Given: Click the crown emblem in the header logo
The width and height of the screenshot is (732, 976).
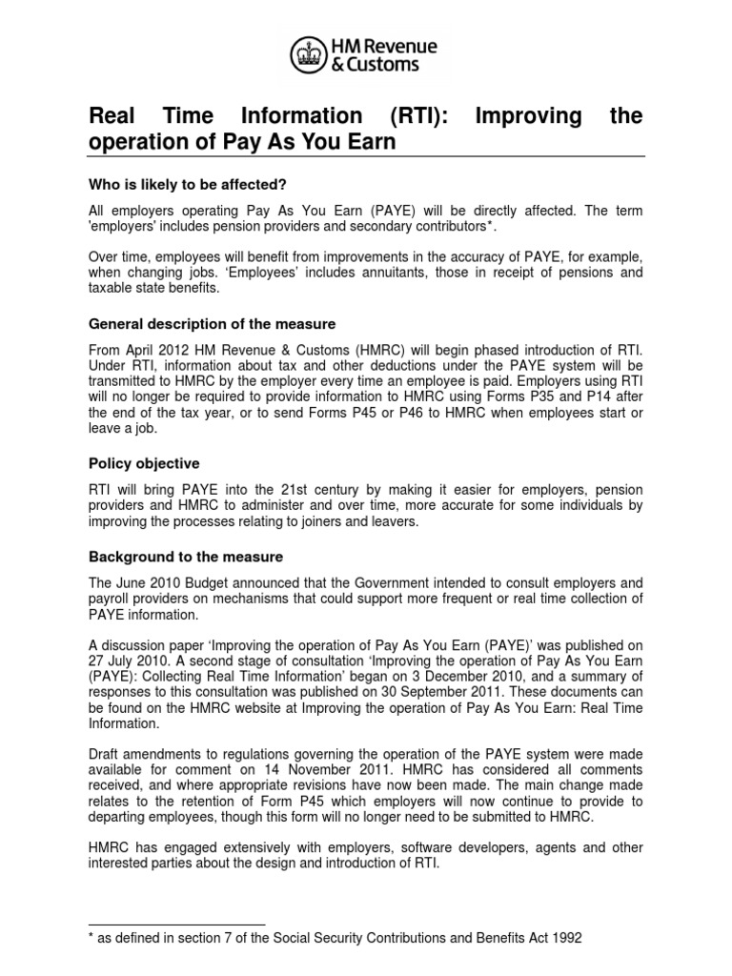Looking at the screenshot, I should tap(307, 53).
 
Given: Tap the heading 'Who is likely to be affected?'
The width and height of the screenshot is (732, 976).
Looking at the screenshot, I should tap(188, 184).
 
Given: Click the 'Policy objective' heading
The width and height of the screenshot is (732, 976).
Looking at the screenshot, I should tap(144, 463).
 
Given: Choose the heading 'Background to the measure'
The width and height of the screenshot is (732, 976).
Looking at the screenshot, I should tap(186, 556).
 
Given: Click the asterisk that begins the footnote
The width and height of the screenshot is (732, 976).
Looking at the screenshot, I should tap(91, 938).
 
